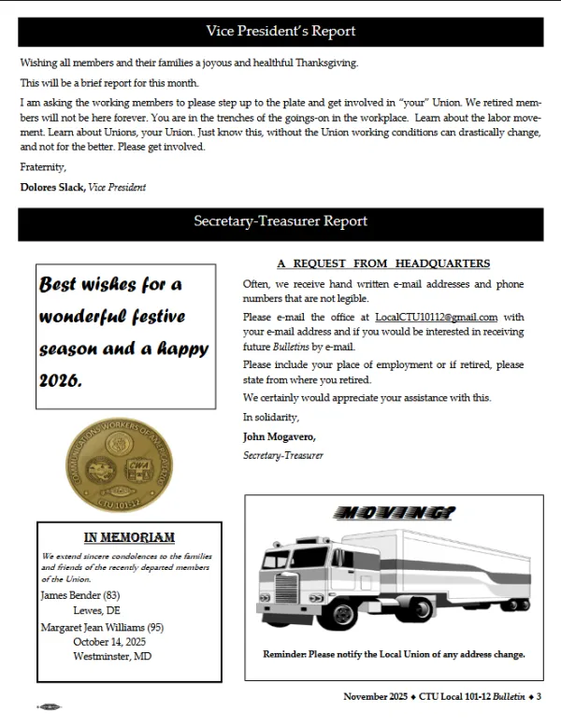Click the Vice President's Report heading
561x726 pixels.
pos(280,32)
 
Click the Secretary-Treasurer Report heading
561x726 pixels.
pos(280,221)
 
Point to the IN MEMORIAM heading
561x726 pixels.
pos(129,536)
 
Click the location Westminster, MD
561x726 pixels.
pos(112,655)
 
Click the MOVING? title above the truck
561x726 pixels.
pos(394,512)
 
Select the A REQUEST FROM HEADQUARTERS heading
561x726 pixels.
pos(383,263)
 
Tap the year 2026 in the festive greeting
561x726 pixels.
pos(61,380)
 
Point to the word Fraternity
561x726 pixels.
pos(43,168)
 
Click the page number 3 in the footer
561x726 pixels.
pos(539,696)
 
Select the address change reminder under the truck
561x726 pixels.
pos(394,654)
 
